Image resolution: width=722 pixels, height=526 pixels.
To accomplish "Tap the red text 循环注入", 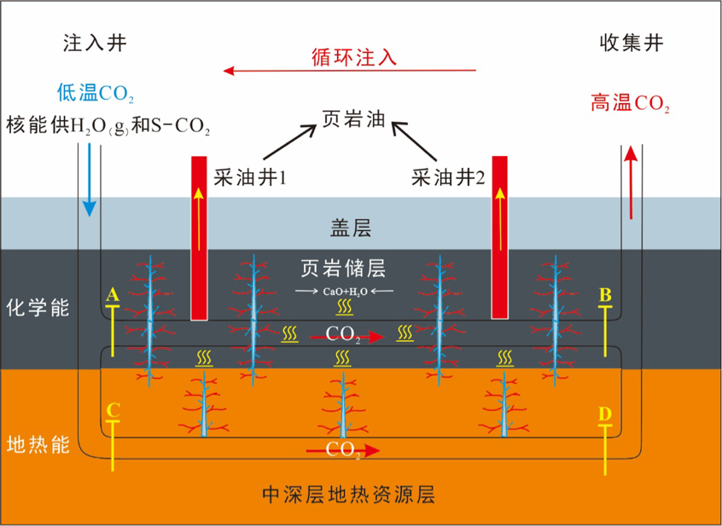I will (352, 58).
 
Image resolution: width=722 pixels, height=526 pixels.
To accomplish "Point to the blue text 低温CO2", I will (95, 93).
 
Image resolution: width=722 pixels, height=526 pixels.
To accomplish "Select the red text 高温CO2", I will (630, 105).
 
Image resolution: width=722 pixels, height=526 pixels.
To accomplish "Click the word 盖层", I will (351, 227).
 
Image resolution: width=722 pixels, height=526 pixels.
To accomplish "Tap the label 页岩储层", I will (344, 269).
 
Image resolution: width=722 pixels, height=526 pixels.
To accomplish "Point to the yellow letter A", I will (113, 295).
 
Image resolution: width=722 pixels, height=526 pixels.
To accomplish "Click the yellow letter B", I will (606, 295).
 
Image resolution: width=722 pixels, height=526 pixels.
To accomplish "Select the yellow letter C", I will (113, 410).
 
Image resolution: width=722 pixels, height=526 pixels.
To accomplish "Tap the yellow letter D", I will (606, 414).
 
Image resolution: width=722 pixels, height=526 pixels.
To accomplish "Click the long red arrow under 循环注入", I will (350, 72).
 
